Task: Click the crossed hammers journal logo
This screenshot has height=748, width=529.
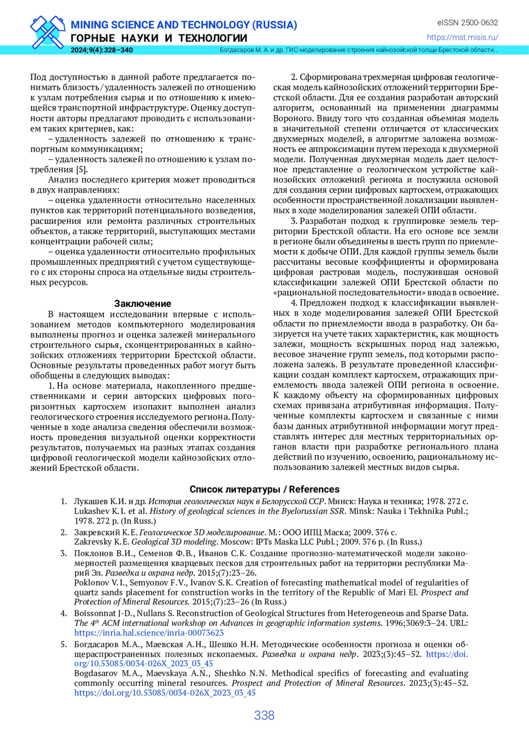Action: coord(48,31)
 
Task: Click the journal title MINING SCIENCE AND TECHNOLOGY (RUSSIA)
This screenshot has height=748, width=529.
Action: coord(184,25)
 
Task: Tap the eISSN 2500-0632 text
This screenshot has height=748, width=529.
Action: coord(467,22)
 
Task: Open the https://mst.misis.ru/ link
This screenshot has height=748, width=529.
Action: coord(462,37)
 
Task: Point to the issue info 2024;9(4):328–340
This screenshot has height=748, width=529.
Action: coord(101,50)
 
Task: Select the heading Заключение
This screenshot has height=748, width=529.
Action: coord(142,304)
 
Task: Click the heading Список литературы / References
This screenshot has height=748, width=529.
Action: coord(264,489)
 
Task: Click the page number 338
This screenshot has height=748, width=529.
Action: coord(264,715)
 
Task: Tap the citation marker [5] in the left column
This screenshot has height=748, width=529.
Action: coord(82,170)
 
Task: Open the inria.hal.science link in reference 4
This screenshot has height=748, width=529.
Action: coord(149,633)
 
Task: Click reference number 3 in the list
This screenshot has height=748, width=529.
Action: coord(64,553)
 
